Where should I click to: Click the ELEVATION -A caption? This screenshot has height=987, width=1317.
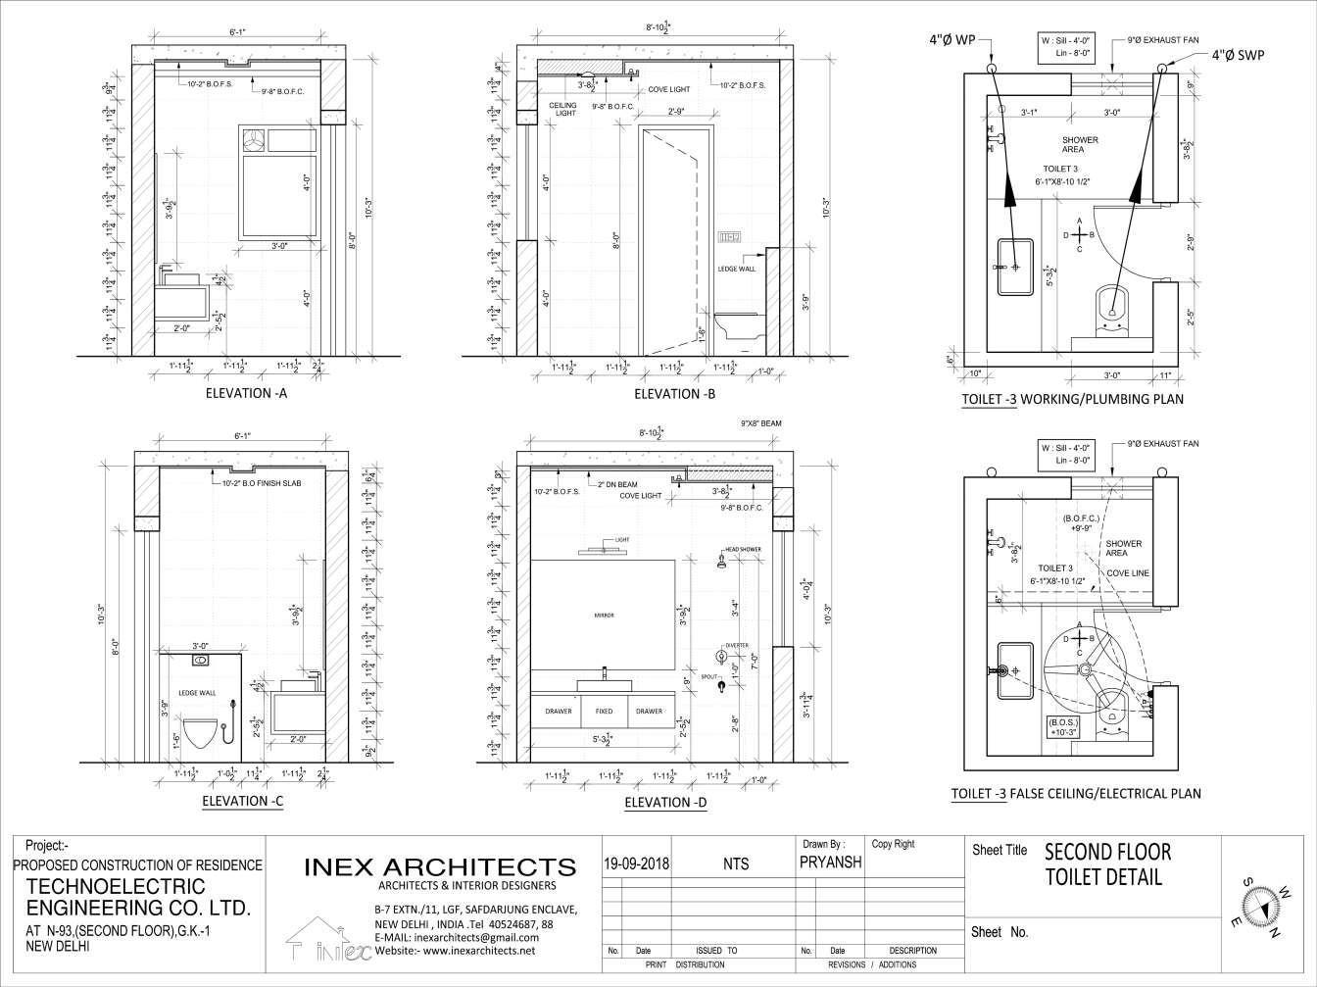[x=245, y=395]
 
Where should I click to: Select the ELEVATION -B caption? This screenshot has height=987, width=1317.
[x=674, y=395]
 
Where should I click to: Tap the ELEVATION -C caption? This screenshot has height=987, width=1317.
[x=242, y=802]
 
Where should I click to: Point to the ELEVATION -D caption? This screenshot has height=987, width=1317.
[x=665, y=803]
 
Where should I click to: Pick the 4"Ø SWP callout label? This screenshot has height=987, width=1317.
[x=1238, y=56]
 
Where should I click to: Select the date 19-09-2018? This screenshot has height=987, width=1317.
[x=635, y=864]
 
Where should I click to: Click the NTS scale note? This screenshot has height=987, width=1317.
[x=735, y=864]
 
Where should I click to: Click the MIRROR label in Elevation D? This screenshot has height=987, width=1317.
[x=603, y=615]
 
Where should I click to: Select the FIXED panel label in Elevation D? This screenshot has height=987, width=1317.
[x=604, y=712]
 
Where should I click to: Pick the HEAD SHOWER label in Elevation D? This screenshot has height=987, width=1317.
[x=742, y=550]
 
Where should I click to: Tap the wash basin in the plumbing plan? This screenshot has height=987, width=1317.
[x=1014, y=266]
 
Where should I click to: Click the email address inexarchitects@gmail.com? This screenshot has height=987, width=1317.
[x=456, y=937]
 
